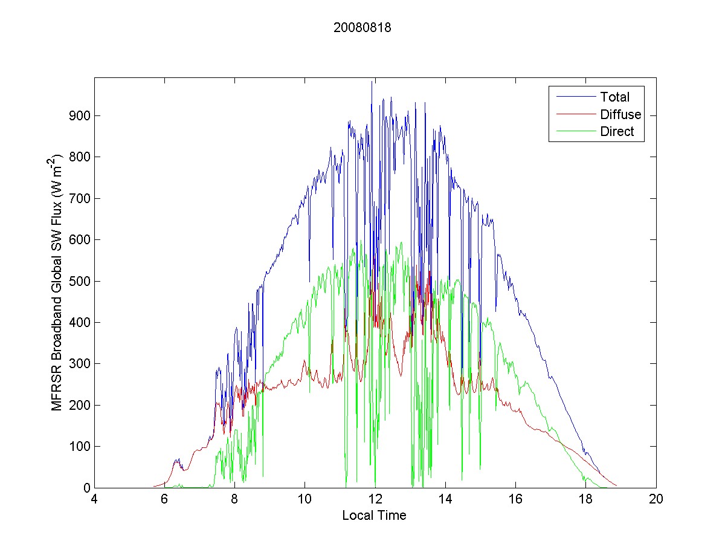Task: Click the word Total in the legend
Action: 614,97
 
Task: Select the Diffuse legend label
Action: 620,114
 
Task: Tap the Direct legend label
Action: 617,132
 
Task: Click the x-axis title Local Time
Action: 374,516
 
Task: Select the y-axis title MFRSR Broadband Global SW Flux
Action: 57,282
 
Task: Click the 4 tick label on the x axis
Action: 94,500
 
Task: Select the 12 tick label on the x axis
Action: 375,500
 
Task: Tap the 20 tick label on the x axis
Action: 656,500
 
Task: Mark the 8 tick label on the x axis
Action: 234,500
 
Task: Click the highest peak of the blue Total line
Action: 372,82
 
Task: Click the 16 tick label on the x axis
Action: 515,500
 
